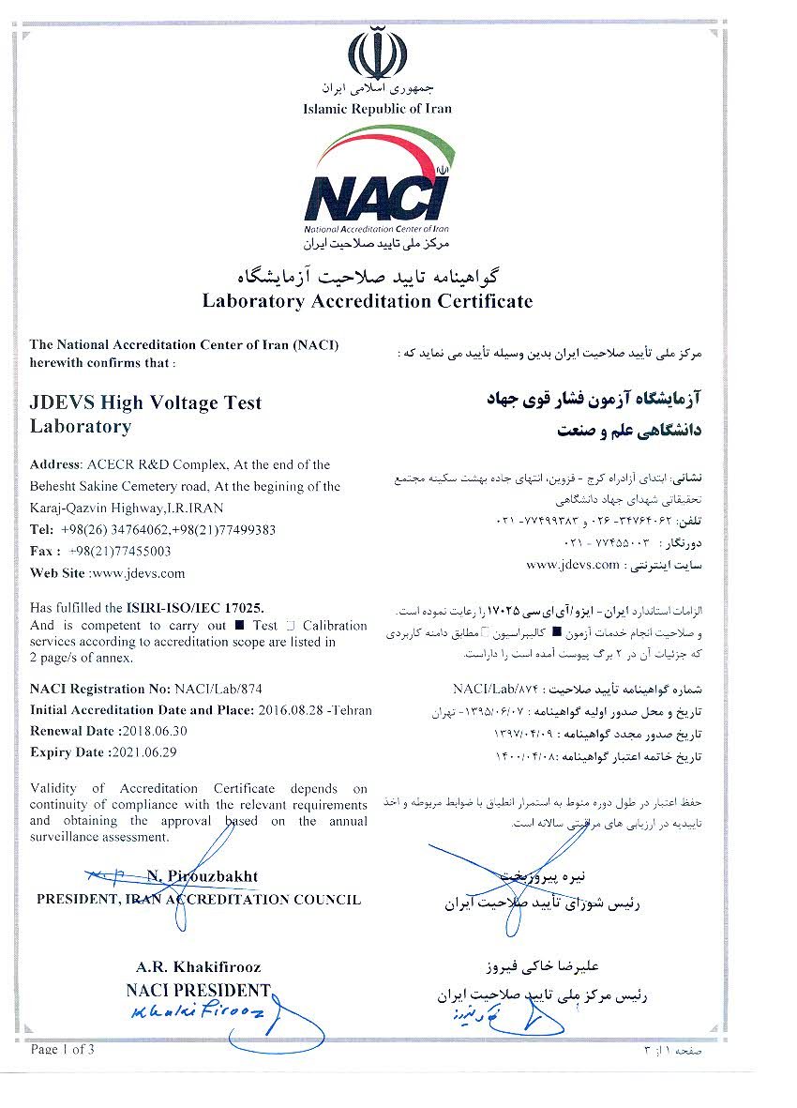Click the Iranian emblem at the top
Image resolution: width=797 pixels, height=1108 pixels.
pyautogui.click(x=377, y=55)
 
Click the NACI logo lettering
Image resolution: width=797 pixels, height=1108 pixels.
pyautogui.click(x=377, y=196)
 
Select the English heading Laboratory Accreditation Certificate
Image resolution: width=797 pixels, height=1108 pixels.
pyautogui.click(x=368, y=301)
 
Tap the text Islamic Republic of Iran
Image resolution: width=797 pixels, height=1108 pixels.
pyautogui.click(x=377, y=109)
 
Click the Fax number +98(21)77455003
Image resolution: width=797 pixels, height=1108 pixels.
pyautogui.click(x=120, y=551)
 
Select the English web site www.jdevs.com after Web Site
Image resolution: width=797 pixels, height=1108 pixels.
pyautogui.click(x=141, y=572)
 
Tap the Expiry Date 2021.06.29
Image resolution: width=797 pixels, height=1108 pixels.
pyautogui.click(x=150, y=751)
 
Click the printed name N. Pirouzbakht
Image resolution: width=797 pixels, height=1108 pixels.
pyautogui.click(x=202, y=876)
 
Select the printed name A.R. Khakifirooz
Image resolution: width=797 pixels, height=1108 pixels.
pyautogui.click(x=198, y=966)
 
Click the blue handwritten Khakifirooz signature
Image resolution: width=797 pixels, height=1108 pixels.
pyautogui.click(x=197, y=1013)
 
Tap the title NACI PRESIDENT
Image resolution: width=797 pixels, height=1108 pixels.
pyautogui.click(x=198, y=990)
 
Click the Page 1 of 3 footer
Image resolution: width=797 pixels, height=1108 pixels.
pyautogui.click(x=63, y=1049)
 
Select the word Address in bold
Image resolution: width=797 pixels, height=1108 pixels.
pyautogui.click(x=55, y=464)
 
